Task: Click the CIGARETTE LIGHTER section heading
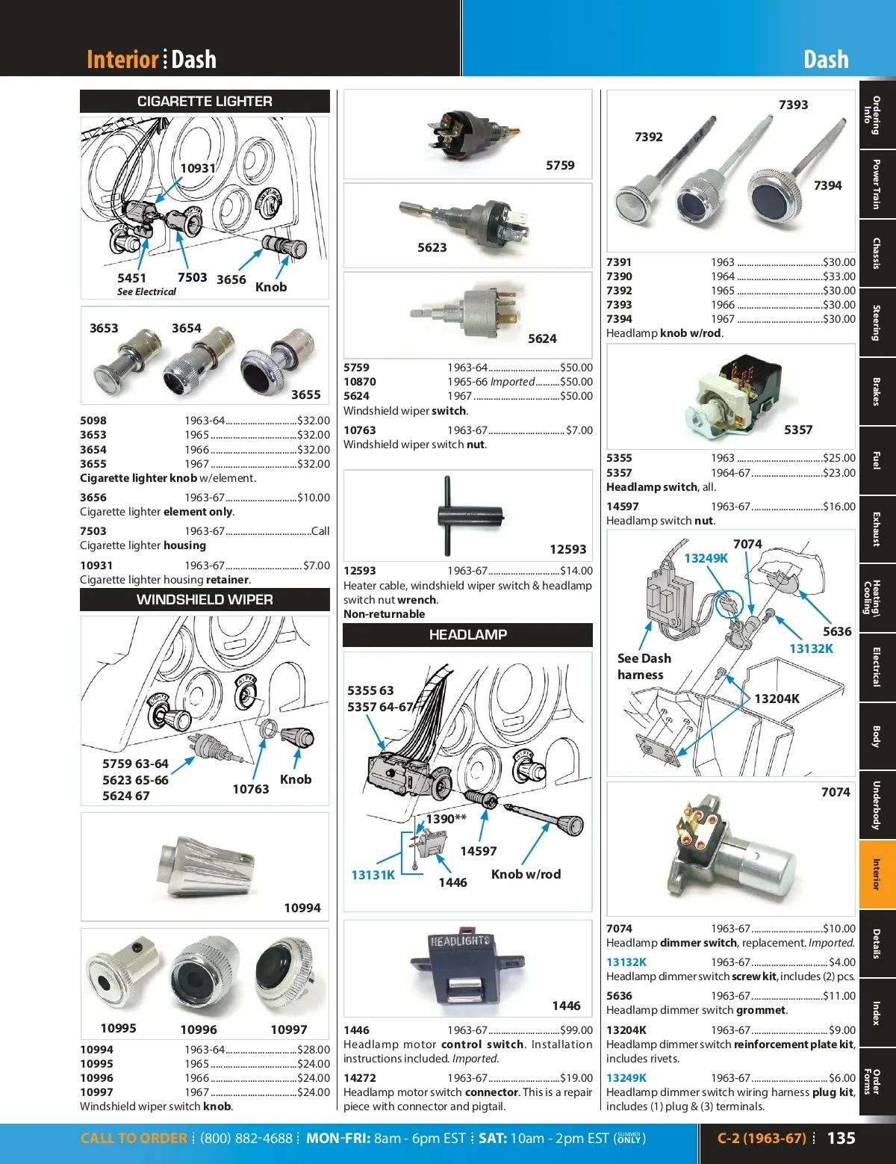pos(205,102)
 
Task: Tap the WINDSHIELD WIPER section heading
pos(205,600)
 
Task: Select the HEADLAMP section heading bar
pos(467,635)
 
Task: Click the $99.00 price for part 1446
pos(576,1030)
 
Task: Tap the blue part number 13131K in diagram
pos(373,875)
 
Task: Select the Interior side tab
pos(877,874)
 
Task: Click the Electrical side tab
pos(877,667)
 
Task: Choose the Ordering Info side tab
pos(877,115)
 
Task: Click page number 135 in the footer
pos(841,1139)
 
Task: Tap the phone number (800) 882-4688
pos(246,1139)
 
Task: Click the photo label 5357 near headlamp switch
pos(798,430)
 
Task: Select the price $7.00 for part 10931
pos(317,566)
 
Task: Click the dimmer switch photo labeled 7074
pos(732,852)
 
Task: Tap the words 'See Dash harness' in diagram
pos(644,666)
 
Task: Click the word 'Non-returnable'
pos(384,614)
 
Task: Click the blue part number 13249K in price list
pos(626,1078)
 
